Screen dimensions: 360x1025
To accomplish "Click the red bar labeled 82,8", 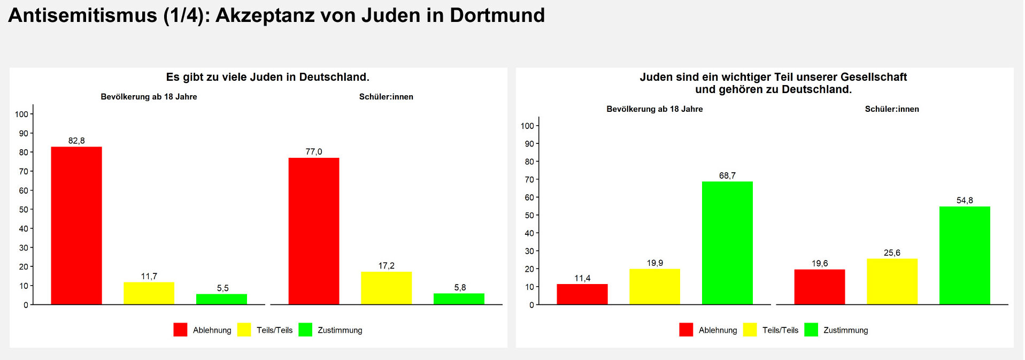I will (76, 225).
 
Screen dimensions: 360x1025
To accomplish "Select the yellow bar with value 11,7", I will (149, 293).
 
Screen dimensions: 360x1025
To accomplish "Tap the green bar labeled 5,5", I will (221, 299).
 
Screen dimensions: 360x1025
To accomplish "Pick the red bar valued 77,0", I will (314, 231).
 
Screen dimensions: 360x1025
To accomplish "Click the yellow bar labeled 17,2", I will (386, 288).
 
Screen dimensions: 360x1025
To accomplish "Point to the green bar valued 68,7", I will (727, 243).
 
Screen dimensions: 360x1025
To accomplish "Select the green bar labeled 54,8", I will (965, 255).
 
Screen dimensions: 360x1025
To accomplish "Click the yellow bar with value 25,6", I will (892, 281).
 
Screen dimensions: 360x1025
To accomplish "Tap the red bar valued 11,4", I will (582, 294).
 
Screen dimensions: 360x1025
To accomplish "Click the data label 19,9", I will (654, 263).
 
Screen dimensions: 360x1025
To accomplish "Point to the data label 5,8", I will (460, 288).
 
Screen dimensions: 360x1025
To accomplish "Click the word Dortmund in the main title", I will (497, 16).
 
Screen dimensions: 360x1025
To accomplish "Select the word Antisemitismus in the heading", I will (83, 16).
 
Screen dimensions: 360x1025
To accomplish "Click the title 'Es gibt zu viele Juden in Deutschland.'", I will (267, 77).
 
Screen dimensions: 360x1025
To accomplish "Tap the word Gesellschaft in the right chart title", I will (874, 77).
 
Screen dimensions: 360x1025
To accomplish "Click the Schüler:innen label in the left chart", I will (386, 97).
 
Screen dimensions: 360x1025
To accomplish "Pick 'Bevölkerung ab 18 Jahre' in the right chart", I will (654, 109).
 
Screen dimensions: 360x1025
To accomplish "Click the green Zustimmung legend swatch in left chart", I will (305, 330).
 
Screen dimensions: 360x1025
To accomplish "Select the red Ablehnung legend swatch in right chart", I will (686, 330).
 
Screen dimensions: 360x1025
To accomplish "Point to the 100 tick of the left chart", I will (21, 114).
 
